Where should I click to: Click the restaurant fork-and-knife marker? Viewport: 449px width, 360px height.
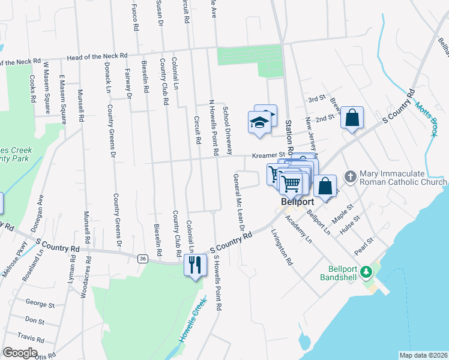click(x=194, y=265)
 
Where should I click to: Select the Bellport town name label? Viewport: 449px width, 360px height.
click(x=298, y=203)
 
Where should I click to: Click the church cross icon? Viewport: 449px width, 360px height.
click(x=351, y=177)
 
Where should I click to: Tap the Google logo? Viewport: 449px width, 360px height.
click(x=20, y=353)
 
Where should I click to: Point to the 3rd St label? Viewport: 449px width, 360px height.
click(x=316, y=99)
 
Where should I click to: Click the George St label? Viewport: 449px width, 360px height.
click(x=40, y=305)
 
